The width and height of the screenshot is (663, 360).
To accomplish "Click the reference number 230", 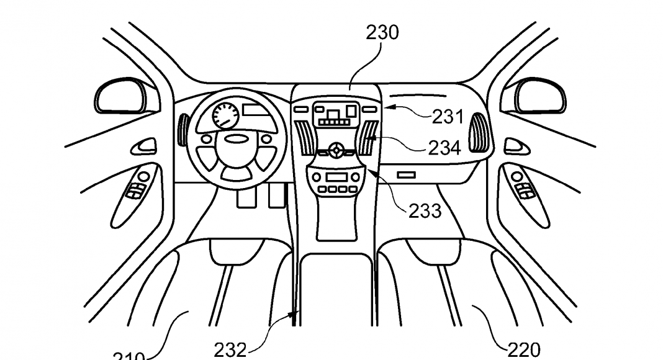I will pyautogui.click(x=382, y=32).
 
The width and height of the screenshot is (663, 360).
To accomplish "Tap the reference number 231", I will pyautogui.click(x=448, y=116).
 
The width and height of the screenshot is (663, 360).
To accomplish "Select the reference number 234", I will pyautogui.click(x=444, y=148).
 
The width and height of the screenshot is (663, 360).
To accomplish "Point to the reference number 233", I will pyautogui.click(x=425, y=210).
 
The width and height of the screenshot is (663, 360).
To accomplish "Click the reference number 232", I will pyautogui.click(x=230, y=350).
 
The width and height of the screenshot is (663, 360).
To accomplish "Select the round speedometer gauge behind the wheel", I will pyautogui.click(x=225, y=115).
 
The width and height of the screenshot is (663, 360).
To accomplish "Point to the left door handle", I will pyautogui.click(x=147, y=146).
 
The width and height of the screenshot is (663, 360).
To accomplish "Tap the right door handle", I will pyautogui.click(x=514, y=146).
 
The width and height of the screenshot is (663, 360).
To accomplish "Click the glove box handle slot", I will pyautogui.click(x=406, y=176).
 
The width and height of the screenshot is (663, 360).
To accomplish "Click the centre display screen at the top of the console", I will pyautogui.click(x=335, y=114).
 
